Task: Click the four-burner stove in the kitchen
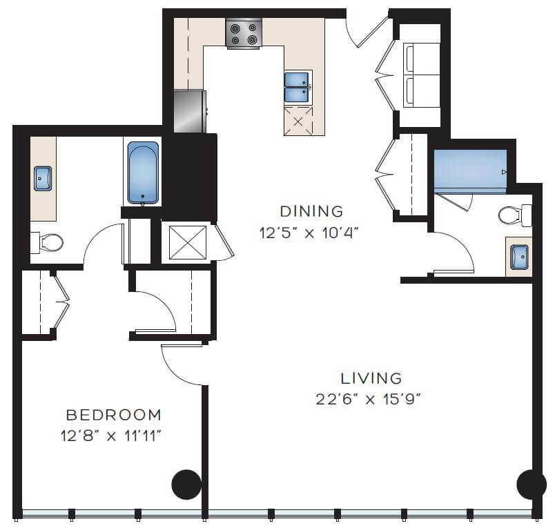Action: (244, 33)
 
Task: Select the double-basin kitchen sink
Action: (298, 87)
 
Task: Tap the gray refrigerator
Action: (190, 111)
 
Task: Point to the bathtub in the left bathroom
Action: (143, 173)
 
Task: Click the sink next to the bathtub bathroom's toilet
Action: (43, 178)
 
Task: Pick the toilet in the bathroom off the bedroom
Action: (47, 242)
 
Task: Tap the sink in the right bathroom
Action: (518, 257)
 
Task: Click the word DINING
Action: (311, 211)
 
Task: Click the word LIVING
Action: (371, 378)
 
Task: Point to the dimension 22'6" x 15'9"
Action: (371, 399)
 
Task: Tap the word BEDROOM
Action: (113, 415)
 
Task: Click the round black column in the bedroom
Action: (186, 485)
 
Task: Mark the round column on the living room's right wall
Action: (531, 485)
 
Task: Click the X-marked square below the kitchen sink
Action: (298, 121)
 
